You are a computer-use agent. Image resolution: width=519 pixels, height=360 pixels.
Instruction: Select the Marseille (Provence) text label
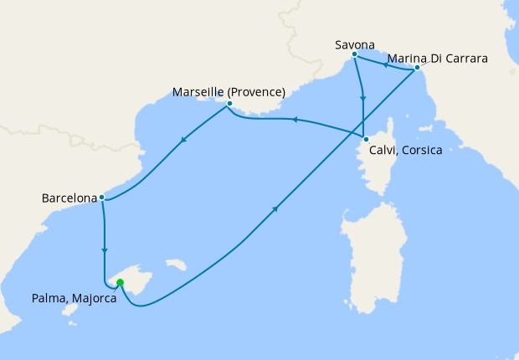(x=229, y=91)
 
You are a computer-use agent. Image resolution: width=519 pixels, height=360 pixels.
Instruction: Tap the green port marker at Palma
(x=120, y=282)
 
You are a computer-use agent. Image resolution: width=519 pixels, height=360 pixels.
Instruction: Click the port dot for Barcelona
(x=101, y=198)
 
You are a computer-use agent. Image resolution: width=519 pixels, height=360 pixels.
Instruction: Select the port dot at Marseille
(x=229, y=104)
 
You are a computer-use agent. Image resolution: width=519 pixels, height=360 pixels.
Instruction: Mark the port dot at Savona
(x=355, y=54)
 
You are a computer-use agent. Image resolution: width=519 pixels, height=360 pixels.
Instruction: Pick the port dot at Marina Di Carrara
(x=417, y=68)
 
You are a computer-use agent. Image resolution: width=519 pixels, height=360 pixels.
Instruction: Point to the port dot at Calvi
(x=366, y=138)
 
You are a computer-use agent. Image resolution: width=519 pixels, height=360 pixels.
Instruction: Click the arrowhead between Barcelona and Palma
(x=104, y=249)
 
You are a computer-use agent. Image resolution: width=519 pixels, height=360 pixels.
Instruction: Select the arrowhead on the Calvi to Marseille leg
(x=293, y=121)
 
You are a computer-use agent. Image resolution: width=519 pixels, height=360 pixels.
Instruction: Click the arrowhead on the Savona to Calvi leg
(x=362, y=98)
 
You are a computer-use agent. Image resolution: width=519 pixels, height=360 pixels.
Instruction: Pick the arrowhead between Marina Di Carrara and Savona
(x=385, y=63)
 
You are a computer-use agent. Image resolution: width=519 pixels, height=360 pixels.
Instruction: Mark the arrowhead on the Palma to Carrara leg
(x=276, y=210)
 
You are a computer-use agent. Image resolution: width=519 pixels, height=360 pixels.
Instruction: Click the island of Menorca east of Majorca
(x=175, y=265)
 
